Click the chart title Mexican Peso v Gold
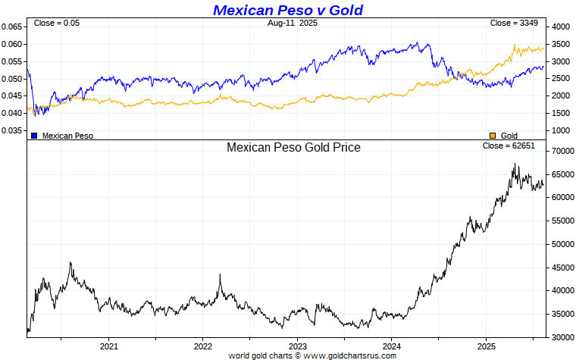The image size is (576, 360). point(287,10)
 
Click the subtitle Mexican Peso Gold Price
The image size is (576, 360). point(293,147)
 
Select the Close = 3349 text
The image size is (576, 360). point(514,23)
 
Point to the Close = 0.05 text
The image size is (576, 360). point(56,23)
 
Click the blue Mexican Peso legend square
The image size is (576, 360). point(34,135)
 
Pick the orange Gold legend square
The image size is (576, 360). point(493,135)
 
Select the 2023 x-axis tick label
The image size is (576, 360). point(297,346)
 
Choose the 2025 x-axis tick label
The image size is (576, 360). point(485,346)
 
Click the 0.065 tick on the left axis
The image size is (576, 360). point(12,27)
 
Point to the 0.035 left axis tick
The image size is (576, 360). point(12,130)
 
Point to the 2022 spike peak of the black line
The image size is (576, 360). point(221,274)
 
